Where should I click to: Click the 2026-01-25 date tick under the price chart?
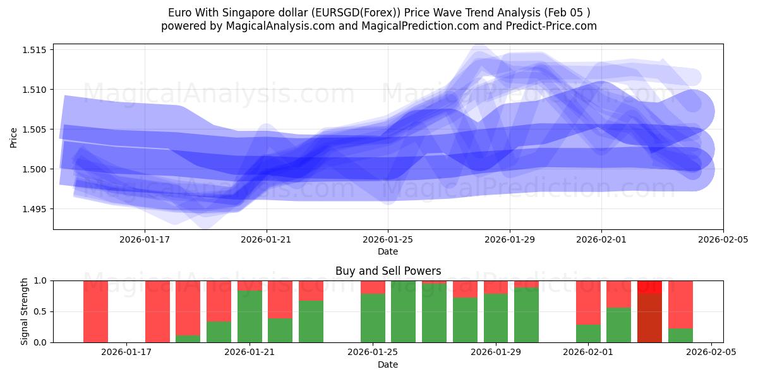[388, 239]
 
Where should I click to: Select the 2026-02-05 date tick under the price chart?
[723, 239]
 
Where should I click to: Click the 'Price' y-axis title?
[14, 136]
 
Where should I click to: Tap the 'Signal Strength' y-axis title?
[25, 311]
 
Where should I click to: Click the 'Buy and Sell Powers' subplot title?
[388, 271]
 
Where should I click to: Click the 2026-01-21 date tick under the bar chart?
[250, 352]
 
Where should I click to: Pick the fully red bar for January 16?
[95, 311]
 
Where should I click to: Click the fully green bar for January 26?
[403, 311]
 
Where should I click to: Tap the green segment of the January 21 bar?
[250, 316]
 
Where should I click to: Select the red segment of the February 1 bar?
[588, 302]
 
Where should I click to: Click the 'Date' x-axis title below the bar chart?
[388, 364]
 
